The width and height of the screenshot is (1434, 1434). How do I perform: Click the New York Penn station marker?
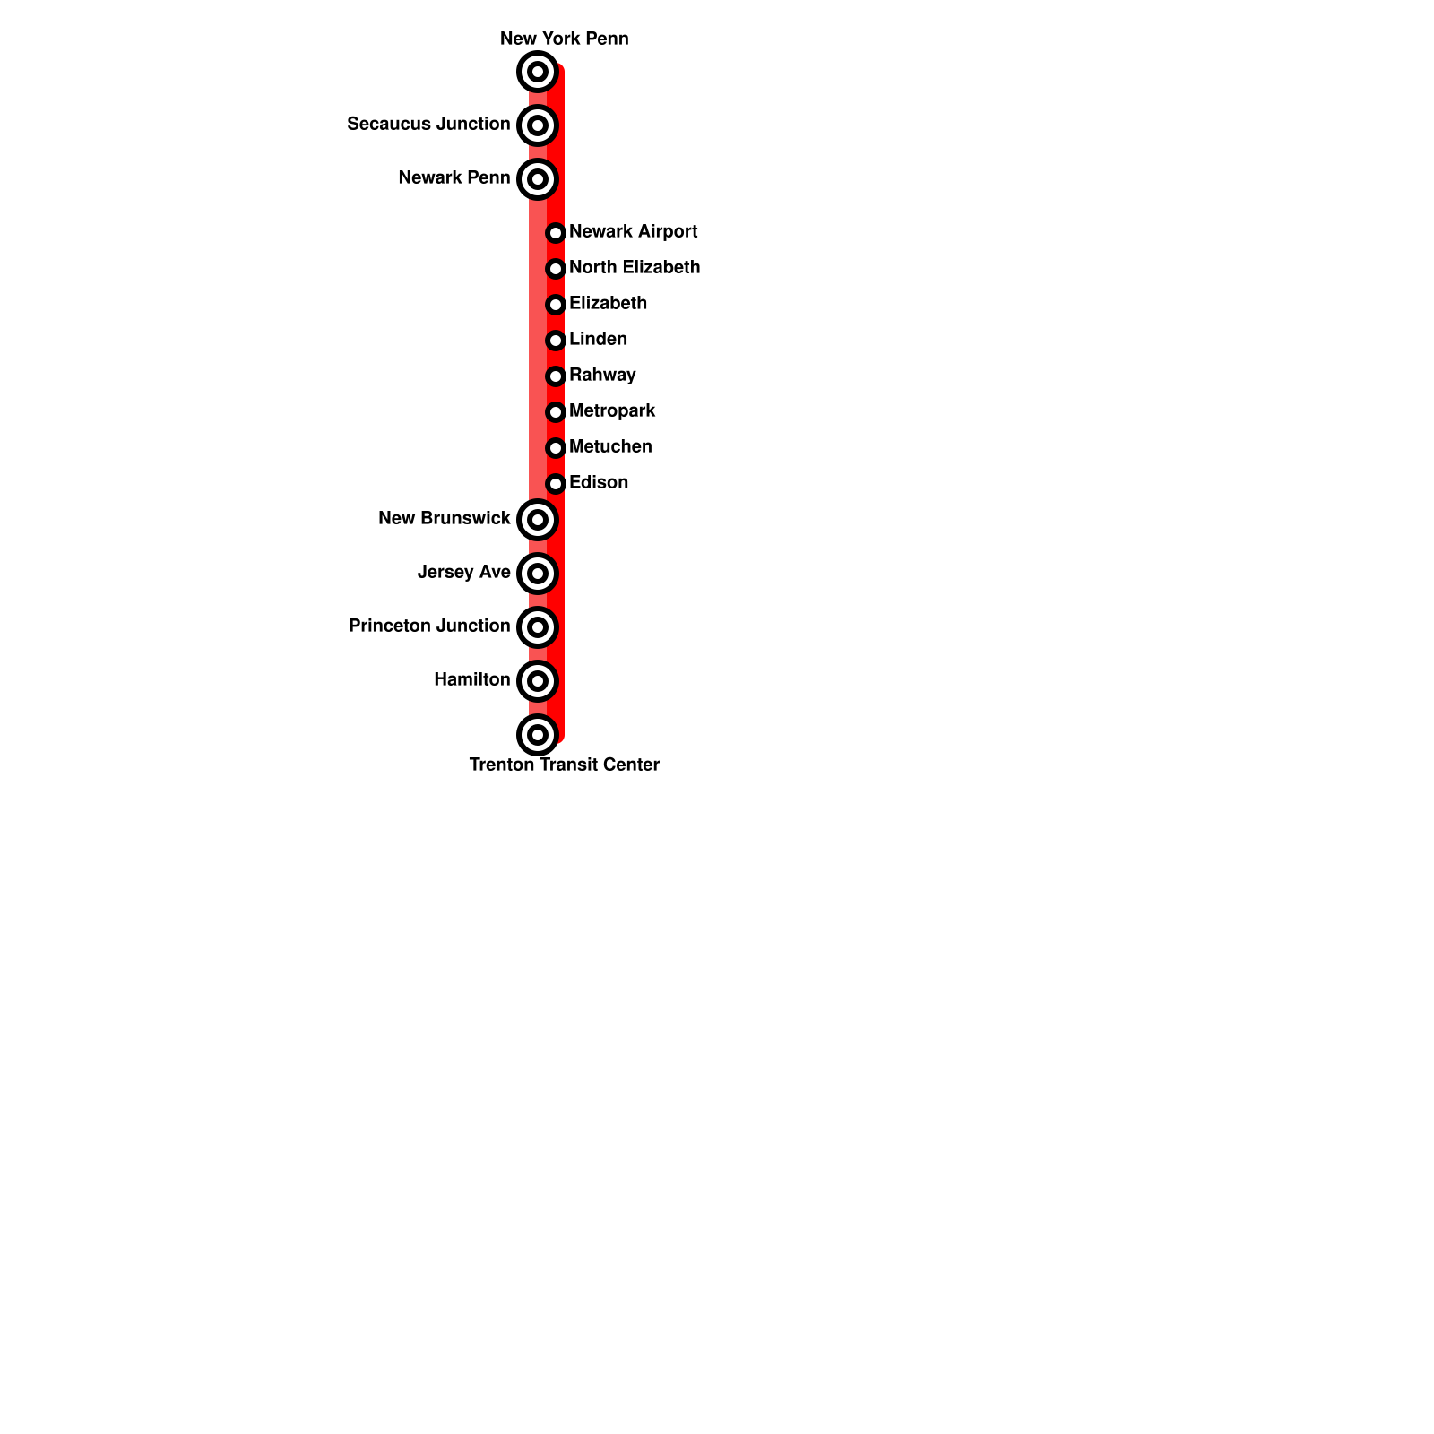pos(538,72)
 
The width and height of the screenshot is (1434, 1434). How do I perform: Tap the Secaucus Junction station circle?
pos(538,125)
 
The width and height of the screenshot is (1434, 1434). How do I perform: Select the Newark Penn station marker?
pos(538,179)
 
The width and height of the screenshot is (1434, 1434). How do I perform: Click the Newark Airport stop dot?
pos(556,233)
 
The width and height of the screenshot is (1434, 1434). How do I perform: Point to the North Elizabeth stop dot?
pos(556,269)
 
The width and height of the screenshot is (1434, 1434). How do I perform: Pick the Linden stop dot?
pos(556,341)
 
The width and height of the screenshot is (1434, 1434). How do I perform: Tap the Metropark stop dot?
pos(556,412)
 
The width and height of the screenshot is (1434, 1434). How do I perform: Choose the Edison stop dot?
pos(556,484)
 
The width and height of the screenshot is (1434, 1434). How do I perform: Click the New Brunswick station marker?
pos(538,520)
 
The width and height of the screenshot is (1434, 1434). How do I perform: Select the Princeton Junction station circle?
pos(538,627)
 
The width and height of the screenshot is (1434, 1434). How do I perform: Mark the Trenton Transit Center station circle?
pos(538,735)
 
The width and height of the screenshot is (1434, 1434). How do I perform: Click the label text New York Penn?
pos(564,39)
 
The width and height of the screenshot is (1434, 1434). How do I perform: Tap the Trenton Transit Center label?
pos(564,765)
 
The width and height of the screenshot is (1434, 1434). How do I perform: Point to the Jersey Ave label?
pos(463,572)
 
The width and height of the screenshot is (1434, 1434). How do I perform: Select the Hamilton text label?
pos(471,679)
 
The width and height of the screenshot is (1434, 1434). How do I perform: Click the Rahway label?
pos(602,375)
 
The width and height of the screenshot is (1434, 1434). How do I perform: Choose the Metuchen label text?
pos(610,446)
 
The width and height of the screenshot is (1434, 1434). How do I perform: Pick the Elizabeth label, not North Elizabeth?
pos(608,303)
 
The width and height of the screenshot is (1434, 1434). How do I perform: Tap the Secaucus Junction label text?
pos(428,124)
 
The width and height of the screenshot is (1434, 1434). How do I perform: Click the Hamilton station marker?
pos(538,681)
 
